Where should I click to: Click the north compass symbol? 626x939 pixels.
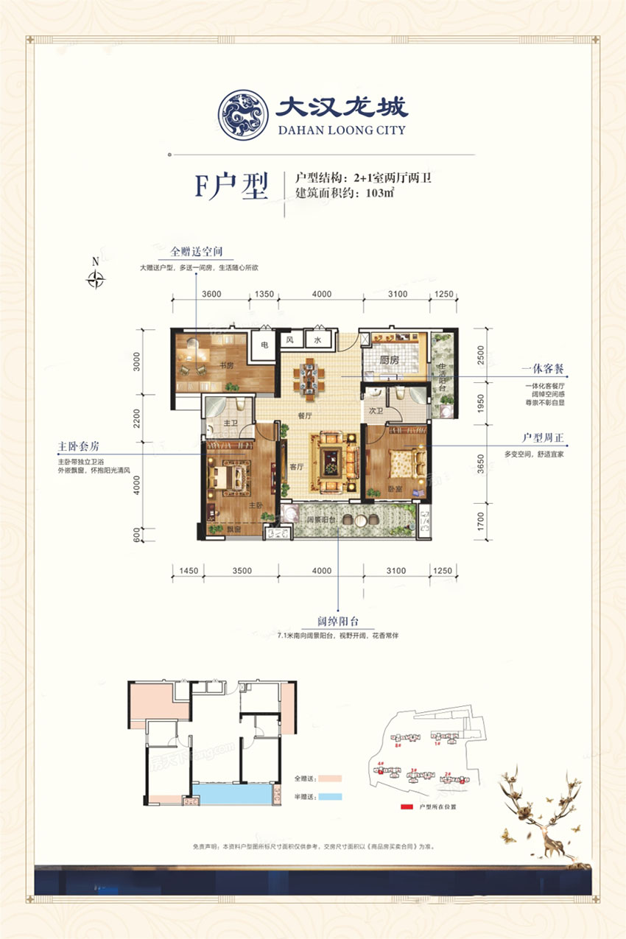(x=95, y=278)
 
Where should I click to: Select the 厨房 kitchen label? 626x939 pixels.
(x=390, y=361)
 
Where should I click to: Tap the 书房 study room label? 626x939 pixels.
(x=225, y=365)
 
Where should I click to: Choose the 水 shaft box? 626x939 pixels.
(x=317, y=340)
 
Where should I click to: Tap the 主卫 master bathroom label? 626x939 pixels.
(x=228, y=423)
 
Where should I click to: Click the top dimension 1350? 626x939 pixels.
(x=264, y=294)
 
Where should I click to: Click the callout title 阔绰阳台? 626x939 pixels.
(x=338, y=622)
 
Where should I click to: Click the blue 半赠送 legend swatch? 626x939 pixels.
(x=331, y=796)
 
